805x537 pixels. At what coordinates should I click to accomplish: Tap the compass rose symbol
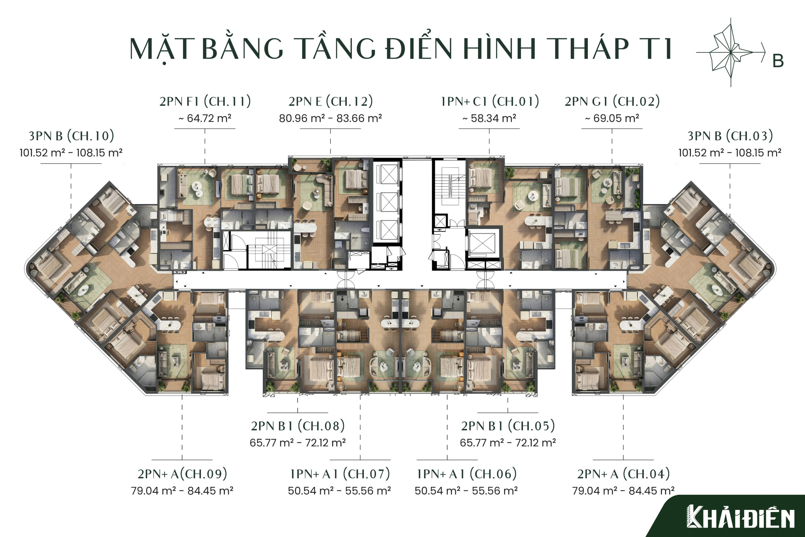pos(731,53)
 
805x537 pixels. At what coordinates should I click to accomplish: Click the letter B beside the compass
pos(778,61)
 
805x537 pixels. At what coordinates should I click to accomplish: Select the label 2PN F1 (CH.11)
pos(205,101)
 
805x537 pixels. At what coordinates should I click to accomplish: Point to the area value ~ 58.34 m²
pos(489,118)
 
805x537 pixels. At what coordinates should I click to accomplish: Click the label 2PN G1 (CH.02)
pos(612,101)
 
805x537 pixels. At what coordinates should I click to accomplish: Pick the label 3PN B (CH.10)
pos(71,136)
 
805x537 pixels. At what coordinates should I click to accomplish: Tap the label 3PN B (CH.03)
pos(730,136)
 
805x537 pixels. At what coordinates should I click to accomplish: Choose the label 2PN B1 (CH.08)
pos(298,426)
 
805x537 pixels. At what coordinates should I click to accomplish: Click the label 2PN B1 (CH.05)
pos(508,426)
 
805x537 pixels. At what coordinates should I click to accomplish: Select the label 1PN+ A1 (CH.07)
pos(340,474)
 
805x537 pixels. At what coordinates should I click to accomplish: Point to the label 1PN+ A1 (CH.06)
pos(467,474)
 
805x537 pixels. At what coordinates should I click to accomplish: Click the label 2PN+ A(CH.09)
pos(182,474)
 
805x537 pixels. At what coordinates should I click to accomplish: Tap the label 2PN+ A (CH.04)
pos(624,474)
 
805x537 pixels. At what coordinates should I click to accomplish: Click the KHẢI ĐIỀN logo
pos(741,517)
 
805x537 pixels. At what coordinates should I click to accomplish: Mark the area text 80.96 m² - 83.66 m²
pos(330,118)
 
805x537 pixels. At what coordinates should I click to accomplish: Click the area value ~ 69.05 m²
pos(612,118)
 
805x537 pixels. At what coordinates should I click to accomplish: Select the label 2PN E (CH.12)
pos(330,101)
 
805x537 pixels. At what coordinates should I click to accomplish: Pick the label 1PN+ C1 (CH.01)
pos(490,101)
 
